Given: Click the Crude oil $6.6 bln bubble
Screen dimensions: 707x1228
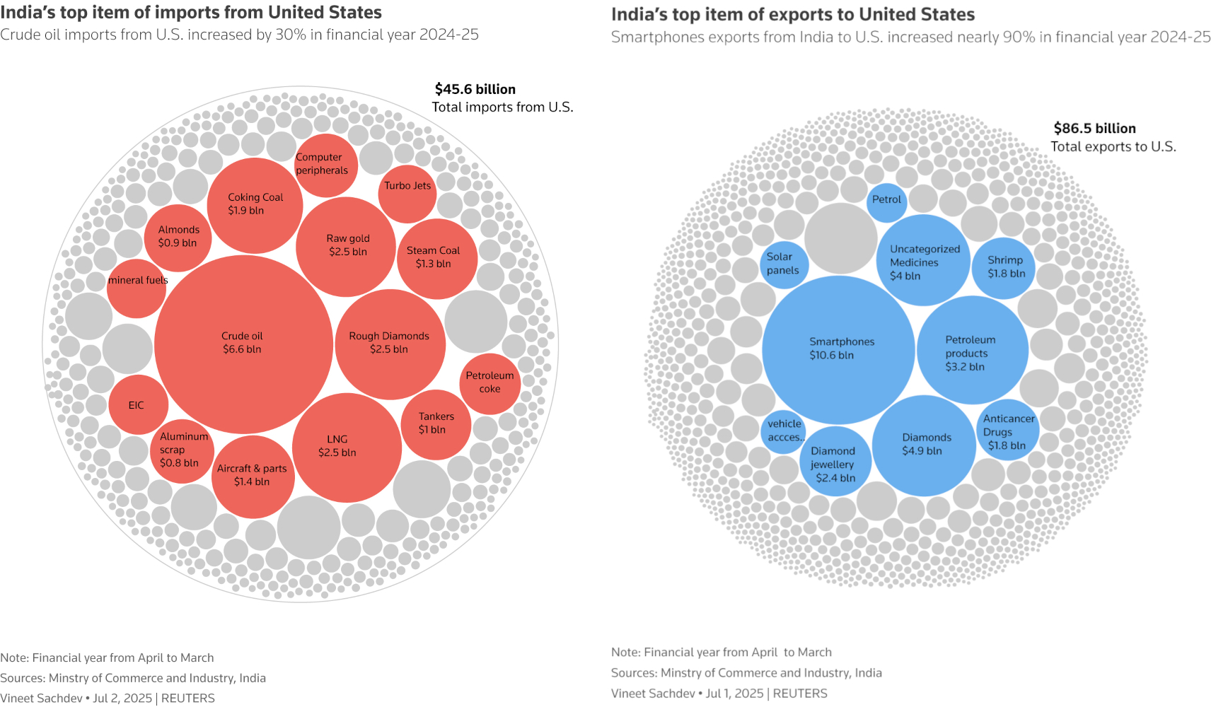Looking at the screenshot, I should [x=243, y=344].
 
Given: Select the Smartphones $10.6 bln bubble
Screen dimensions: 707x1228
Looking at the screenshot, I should [x=839, y=349].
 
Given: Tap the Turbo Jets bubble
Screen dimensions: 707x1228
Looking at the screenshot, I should [x=407, y=193].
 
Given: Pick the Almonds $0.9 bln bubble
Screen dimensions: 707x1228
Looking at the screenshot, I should [x=178, y=238].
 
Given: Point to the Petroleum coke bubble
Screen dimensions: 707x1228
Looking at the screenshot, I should [x=490, y=383].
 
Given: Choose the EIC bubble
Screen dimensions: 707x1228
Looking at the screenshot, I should [x=138, y=405].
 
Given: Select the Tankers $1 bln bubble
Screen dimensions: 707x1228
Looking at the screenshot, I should [x=436, y=424].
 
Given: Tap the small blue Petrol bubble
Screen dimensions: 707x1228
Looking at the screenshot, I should [x=886, y=201].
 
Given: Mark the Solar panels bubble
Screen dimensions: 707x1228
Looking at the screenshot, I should [x=783, y=264].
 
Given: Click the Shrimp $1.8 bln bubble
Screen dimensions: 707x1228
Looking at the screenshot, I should [x=1004, y=267].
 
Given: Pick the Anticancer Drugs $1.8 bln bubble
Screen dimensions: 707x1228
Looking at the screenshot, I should [x=1007, y=431].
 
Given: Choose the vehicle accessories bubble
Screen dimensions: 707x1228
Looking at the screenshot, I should [x=784, y=431].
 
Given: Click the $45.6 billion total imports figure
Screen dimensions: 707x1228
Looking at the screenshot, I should [x=475, y=89].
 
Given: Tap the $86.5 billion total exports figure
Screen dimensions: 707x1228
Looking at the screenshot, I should [x=1094, y=129].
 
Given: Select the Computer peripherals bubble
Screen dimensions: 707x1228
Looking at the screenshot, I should [x=325, y=165].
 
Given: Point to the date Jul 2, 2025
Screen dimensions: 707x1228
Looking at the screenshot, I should [x=122, y=698].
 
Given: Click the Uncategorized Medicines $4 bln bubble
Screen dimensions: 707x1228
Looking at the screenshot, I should [x=923, y=261].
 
